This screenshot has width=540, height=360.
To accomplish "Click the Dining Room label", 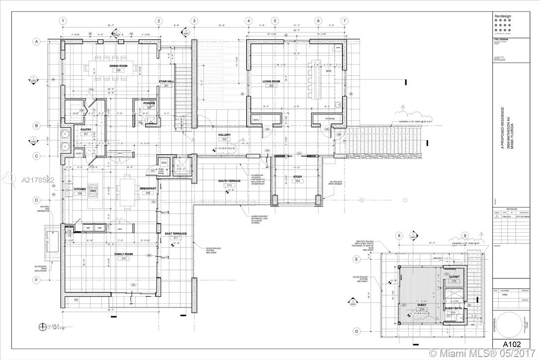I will coord(119,66).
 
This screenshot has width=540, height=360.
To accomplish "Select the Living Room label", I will coord(271,81).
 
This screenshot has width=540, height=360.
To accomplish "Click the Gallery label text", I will coord(224,135).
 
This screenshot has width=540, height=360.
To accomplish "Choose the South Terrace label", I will coord(229,181).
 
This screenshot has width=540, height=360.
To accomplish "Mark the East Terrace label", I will coord(176,233).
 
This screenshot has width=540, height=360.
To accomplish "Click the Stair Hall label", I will coord(166,81).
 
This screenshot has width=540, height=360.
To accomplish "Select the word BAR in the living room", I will coord(328,71).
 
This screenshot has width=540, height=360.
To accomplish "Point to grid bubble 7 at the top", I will coord(344,21).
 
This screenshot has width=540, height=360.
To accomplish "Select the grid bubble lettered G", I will coord(356,331).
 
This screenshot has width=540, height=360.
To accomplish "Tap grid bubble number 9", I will coord(464,236).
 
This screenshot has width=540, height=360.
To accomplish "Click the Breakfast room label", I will coord(148,188).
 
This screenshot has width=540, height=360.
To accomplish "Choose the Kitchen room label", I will coord(81,189).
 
